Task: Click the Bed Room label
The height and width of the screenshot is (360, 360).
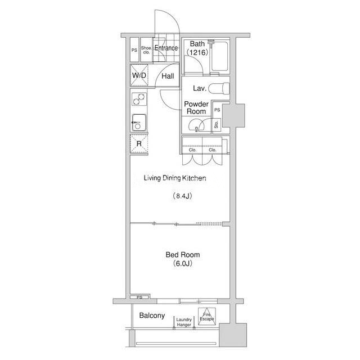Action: (182, 255)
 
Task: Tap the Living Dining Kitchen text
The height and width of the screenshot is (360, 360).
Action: (175, 178)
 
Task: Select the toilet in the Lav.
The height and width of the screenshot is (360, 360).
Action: (219, 88)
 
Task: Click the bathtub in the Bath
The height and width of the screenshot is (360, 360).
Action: (220, 56)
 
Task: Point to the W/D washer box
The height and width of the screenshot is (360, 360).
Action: (139, 75)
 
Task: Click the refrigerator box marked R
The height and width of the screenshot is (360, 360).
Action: (139, 144)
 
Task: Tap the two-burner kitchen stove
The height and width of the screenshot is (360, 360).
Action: (139, 99)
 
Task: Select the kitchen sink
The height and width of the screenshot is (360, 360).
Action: (139, 123)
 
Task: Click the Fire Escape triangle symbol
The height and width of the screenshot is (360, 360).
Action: (207, 317)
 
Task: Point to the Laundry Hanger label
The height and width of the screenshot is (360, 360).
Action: (184, 322)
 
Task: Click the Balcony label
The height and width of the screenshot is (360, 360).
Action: (152, 316)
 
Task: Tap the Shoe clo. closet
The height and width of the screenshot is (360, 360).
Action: (146, 50)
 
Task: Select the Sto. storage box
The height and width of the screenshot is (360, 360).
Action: (217, 125)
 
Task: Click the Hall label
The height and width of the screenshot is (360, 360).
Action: (168, 76)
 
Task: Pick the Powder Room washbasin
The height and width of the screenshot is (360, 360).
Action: (196, 125)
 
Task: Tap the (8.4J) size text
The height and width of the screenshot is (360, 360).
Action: (182, 196)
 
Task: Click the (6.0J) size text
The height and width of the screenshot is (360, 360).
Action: (182, 263)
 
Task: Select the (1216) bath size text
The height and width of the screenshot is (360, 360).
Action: (197, 52)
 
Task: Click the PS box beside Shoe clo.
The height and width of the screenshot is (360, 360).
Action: (134, 50)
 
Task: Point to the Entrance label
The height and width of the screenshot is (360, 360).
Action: (166, 48)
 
